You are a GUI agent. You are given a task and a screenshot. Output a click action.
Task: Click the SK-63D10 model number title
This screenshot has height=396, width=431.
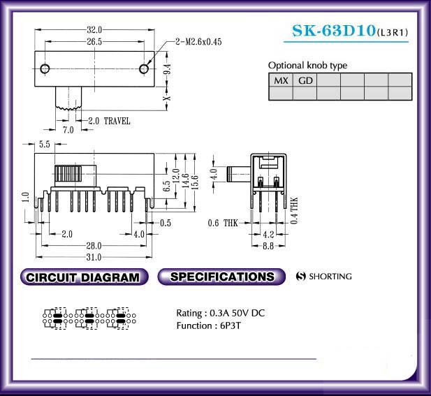point(334,31)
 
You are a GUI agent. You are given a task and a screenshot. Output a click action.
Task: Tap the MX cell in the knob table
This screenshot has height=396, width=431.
point(281,80)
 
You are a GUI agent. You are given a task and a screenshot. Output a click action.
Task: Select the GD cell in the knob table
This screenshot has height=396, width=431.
point(305,80)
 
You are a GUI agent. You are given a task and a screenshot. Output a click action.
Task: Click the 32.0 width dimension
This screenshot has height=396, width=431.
point(94,29)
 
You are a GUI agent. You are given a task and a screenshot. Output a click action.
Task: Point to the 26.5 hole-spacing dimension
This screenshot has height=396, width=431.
point(94,41)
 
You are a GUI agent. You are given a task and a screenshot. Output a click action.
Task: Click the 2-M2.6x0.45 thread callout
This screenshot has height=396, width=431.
point(198,42)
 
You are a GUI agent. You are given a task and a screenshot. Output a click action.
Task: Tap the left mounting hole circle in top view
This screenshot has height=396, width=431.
point(45,68)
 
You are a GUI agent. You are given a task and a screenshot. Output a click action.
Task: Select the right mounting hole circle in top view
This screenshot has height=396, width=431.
point(144,68)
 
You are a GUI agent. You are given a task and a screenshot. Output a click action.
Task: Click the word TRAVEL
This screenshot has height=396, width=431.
point(117,121)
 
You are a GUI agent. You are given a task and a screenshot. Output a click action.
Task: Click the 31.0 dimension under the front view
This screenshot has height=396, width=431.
point(94,257)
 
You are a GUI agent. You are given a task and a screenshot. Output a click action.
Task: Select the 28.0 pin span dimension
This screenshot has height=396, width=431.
point(94,246)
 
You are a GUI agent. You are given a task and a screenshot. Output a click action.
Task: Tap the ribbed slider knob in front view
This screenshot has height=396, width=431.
point(68,174)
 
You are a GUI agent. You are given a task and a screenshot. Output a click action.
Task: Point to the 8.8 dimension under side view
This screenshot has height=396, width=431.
point(268,246)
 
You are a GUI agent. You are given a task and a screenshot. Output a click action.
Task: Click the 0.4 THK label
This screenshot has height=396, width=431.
point(294,210)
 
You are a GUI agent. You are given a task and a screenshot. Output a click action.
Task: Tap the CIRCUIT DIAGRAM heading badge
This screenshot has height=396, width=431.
point(84,277)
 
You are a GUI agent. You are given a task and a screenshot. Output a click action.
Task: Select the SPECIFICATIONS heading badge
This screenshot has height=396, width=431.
point(221,277)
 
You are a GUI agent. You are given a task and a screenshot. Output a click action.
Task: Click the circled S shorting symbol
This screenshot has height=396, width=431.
point(301,276)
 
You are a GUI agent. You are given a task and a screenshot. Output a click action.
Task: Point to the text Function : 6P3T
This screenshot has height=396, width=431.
point(208,326)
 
